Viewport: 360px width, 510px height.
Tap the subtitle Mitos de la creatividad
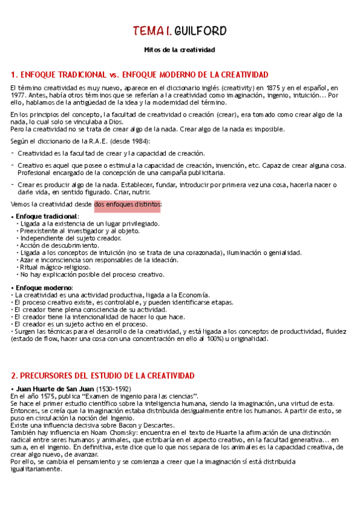point(180,50)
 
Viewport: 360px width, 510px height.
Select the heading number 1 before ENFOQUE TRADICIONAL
point(14,75)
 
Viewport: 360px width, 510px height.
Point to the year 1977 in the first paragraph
point(19,95)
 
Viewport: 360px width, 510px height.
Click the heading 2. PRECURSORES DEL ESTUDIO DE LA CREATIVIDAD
point(103,375)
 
